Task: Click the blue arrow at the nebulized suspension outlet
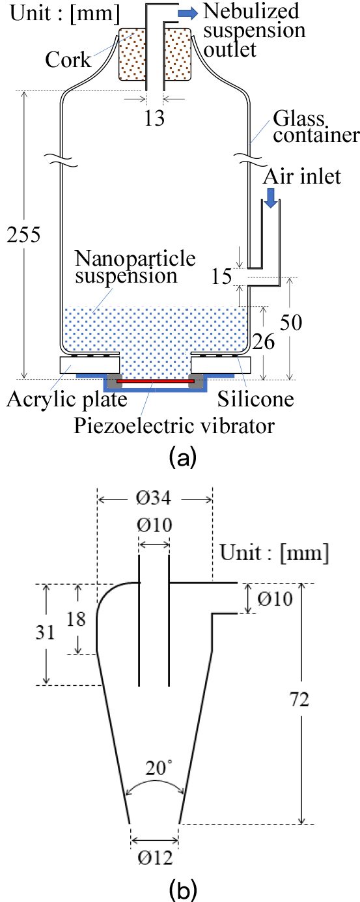click(x=188, y=13)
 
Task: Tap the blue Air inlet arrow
click(x=271, y=198)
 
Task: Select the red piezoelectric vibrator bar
click(x=156, y=380)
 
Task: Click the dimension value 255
click(x=23, y=234)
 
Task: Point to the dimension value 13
click(x=155, y=118)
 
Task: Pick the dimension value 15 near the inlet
click(x=222, y=276)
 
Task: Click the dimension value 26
click(x=264, y=341)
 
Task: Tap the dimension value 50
click(x=291, y=322)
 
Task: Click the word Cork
click(x=68, y=60)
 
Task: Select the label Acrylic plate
click(x=67, y=400)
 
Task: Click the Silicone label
click(x=256, y=399)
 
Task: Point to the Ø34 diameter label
click(x=154, y=498)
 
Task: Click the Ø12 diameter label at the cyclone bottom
click(x=155, y=858)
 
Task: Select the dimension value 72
click(x=299, y=700)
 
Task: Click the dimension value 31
click(x=45, y=632)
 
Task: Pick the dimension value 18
click(x=76, y=619)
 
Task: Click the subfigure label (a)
click(x=183, y=457)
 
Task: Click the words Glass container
click(x=316, y=127)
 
